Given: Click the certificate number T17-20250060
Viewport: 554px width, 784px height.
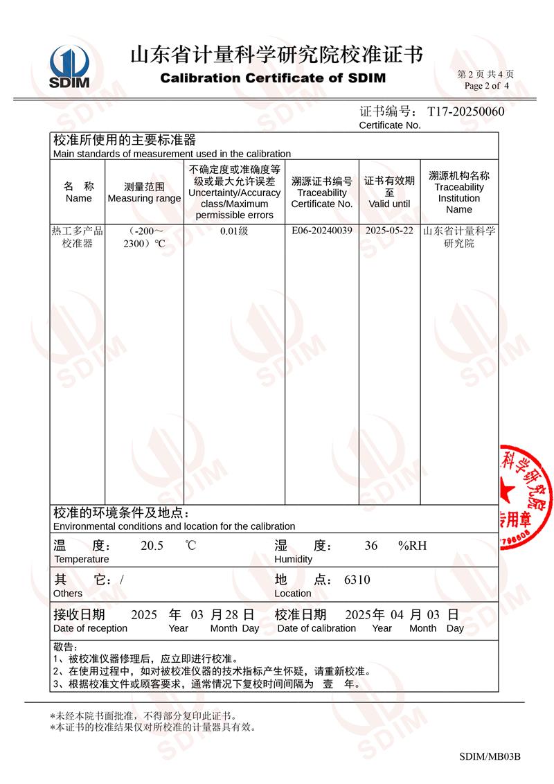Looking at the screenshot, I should pos(465,112).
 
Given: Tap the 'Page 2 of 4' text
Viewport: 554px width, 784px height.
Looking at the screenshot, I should pos(487,86).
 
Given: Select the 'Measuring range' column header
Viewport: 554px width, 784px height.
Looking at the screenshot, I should pos(144,193).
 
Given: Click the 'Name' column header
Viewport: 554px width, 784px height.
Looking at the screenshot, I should pos(78,193).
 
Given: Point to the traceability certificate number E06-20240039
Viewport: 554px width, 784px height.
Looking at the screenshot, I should pos(322,231).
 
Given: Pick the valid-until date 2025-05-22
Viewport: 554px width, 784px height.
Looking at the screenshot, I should pos(389,231).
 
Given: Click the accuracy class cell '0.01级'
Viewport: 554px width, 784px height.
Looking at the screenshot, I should pos(234,231).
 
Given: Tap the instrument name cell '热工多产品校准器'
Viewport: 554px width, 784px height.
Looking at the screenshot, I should pos(78,238).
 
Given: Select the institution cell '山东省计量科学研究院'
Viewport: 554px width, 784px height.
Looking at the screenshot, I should pos(459,238).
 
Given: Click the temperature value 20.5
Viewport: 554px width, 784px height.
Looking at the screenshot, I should pos(152,546).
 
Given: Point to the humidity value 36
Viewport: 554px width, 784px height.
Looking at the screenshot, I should pos(371,546).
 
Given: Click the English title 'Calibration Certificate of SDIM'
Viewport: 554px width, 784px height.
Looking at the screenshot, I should pos(273,78).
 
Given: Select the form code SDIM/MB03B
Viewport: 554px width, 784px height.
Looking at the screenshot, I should pos(490,756).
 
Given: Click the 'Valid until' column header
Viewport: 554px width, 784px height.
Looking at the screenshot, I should pos(389,193).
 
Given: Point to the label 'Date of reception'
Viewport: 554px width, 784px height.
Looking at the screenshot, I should pos(90,628).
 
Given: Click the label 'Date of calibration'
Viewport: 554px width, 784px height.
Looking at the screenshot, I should pos(316,628).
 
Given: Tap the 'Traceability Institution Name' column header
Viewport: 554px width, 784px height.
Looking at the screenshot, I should pos(459,193).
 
